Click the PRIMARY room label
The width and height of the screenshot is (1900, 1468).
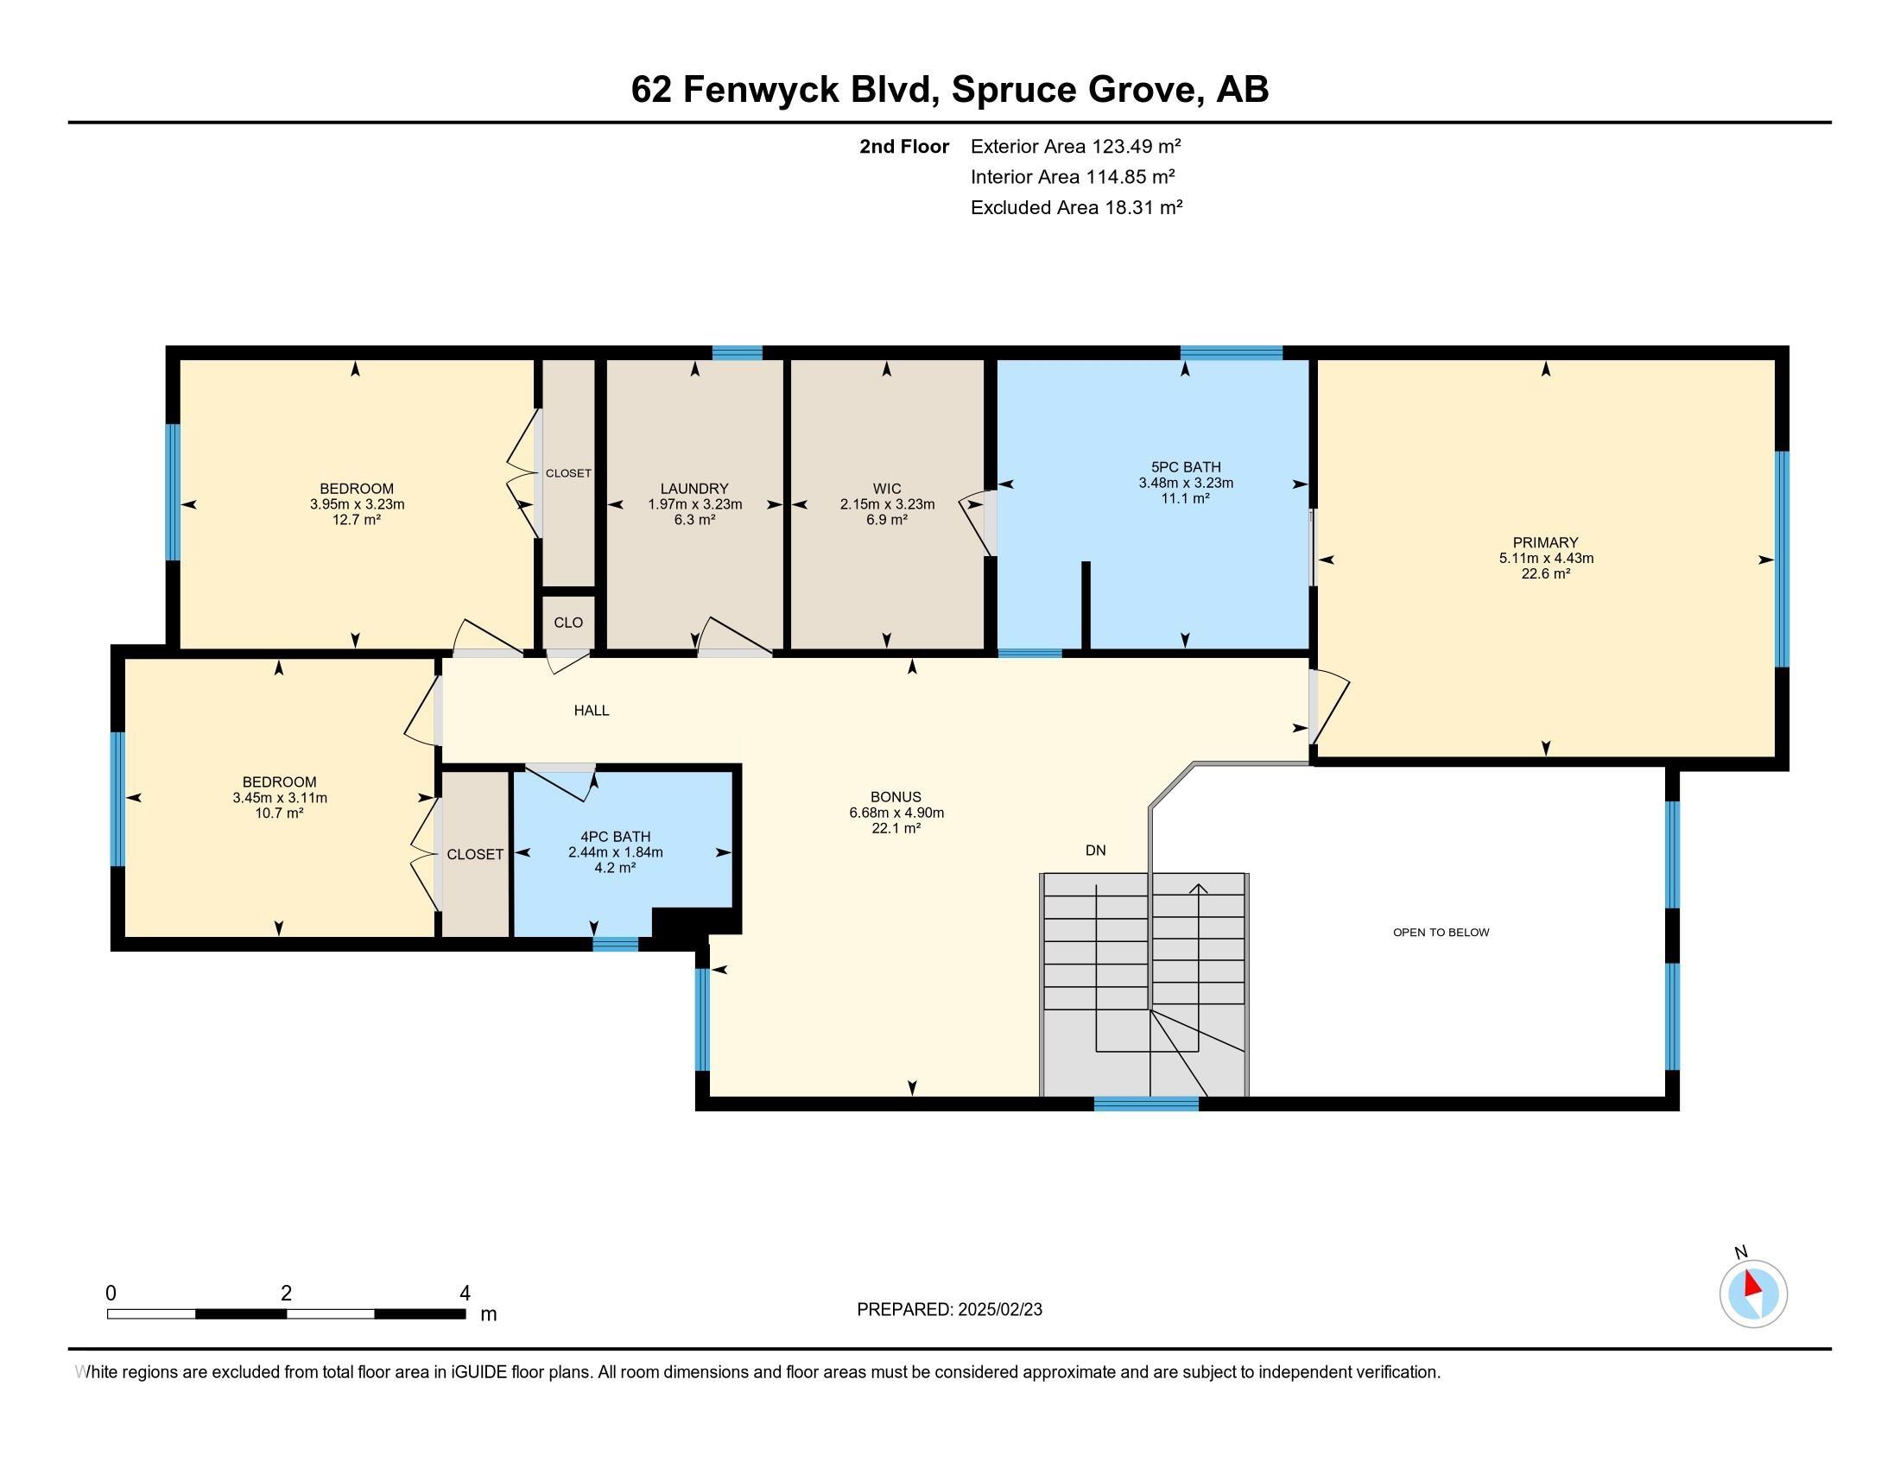coord(1545,541)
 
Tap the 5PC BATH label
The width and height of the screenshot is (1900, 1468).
coord(1185,467)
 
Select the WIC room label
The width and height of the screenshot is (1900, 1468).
coord(886,489)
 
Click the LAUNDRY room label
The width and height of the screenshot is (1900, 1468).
coord(693,489)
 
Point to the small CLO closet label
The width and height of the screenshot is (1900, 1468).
coord(568,623)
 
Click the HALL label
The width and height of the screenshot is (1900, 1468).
coord(591,711)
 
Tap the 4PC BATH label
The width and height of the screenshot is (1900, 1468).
coord(615,837)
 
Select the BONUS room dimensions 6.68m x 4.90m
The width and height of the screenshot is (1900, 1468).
coord(896,813)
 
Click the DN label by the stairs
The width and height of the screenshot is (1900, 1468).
coord(1095,851)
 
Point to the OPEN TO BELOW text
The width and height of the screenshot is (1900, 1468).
coord(1441,933)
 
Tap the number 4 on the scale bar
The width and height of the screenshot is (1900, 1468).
coord(465,1294)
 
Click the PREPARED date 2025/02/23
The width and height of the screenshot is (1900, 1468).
coord(998,1310)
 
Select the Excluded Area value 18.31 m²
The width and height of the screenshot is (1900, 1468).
coord(1143,208)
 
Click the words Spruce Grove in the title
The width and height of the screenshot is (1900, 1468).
coord(1073,90)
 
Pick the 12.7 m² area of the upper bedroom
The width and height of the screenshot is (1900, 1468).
coord(357,520)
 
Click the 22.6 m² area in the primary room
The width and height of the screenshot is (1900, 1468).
coord(1545,574)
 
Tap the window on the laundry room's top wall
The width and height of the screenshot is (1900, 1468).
coord(737,352)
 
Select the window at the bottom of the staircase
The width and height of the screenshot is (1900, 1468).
coord(1146,1104)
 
